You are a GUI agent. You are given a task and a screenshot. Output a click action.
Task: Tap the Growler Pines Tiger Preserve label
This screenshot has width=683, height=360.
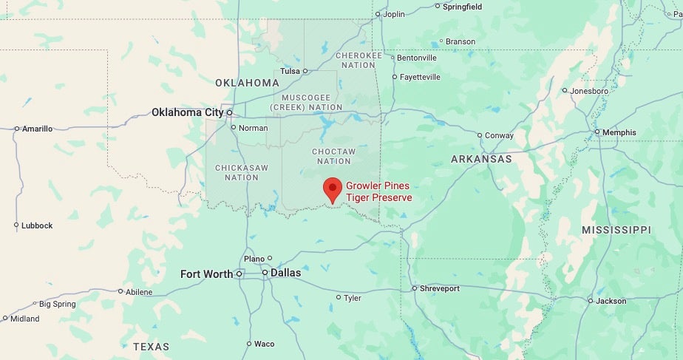[378, 191]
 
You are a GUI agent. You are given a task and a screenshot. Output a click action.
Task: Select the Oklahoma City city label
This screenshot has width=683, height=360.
[187, 112]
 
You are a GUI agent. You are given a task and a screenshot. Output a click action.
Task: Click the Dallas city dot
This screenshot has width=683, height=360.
[265, 274]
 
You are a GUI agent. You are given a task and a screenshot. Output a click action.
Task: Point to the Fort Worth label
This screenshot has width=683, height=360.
[206, 274]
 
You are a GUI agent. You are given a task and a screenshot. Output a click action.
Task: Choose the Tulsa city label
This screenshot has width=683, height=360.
[290, 72]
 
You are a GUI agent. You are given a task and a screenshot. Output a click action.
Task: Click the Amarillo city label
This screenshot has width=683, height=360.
[37, 129]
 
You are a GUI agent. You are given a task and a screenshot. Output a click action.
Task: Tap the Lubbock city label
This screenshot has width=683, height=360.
[37, 225]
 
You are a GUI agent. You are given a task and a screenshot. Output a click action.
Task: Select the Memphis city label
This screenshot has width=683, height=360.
[619, 132]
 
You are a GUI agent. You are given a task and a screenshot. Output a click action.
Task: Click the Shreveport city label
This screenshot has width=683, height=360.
[439, 288]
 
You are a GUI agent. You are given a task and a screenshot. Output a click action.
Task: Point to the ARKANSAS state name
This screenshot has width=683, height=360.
[481, 159]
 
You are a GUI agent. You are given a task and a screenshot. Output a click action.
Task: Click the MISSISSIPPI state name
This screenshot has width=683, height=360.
[616, 231]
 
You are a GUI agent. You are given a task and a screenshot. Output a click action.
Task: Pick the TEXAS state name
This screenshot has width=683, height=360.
[151, 346]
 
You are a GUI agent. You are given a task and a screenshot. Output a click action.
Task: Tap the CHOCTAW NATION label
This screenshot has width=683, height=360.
[333, 156]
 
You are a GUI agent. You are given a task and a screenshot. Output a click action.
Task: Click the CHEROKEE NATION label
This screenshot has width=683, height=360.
[359, 60]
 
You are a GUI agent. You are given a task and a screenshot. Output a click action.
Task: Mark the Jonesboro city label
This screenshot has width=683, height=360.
[589, 91]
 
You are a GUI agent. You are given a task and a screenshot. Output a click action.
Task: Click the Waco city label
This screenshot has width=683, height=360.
[264, 344]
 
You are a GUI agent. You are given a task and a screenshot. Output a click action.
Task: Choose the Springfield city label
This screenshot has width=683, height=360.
[462, 7]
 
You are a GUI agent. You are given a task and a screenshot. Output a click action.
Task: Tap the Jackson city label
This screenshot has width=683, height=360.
[611, 301]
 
